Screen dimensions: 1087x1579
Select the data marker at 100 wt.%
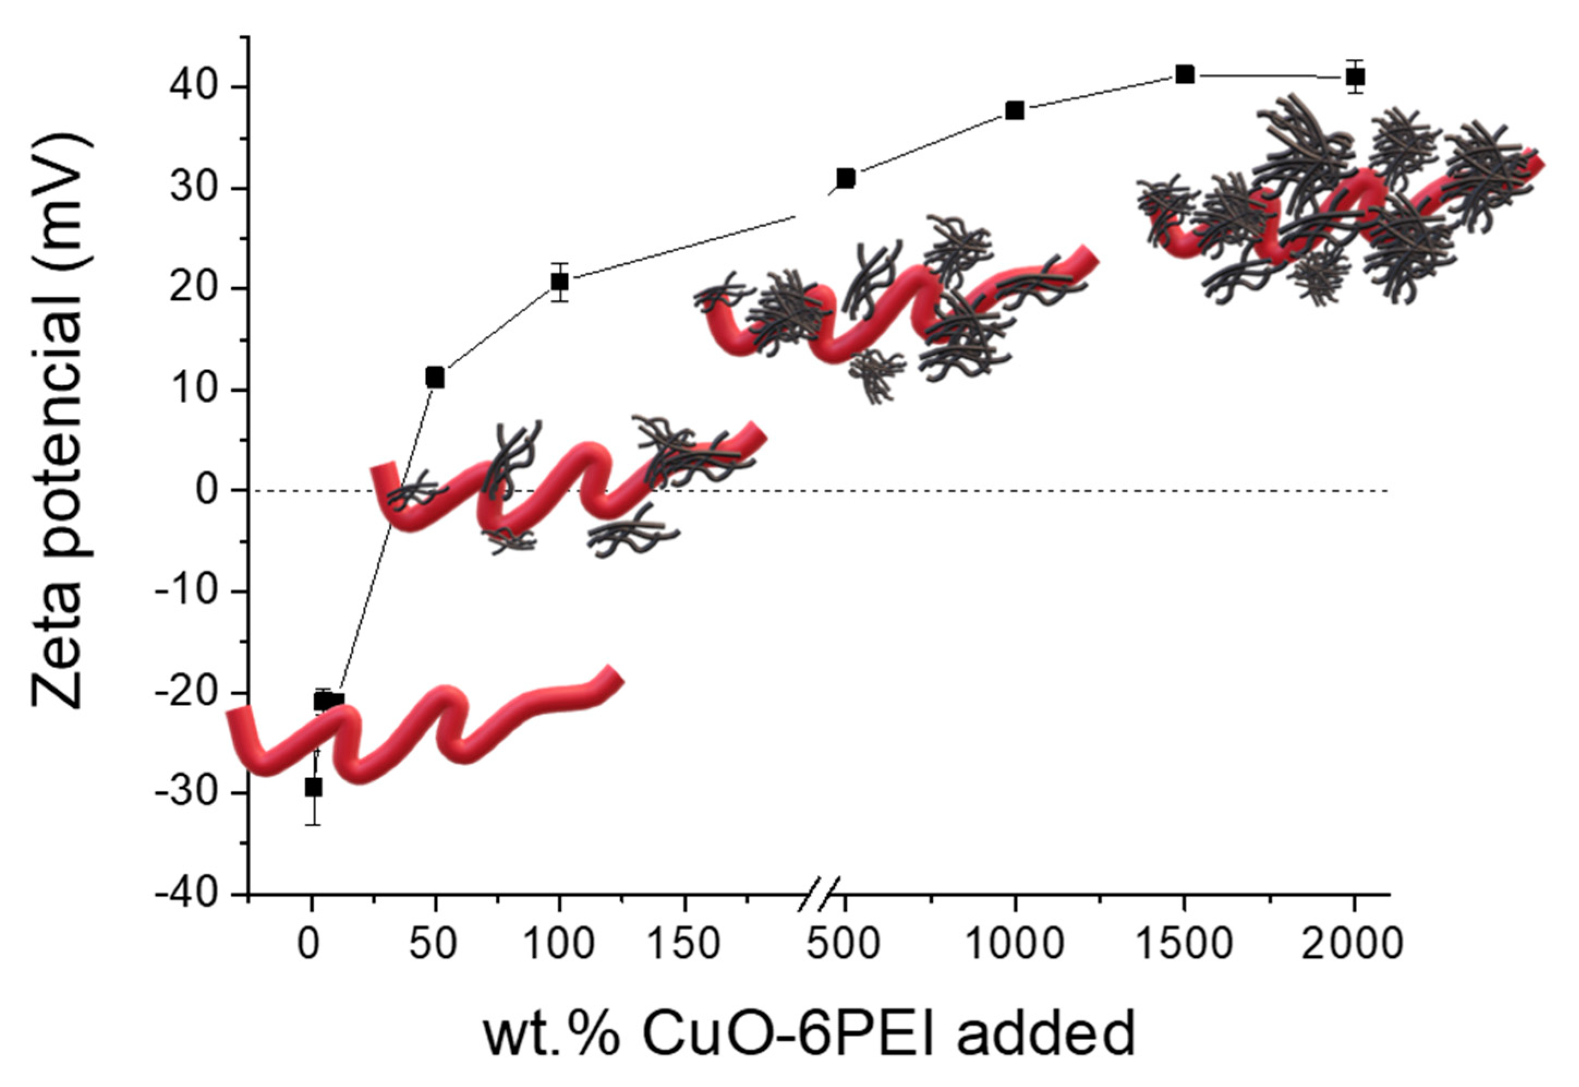[x=559, y=281]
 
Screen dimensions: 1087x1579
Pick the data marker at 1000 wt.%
[x=1015, y=110]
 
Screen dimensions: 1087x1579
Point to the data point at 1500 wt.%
[x=1185, y=74]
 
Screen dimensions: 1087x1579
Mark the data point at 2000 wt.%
[x=1355, y=77]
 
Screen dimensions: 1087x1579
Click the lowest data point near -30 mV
[x=313, y=787]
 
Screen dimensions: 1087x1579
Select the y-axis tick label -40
[x=187, y=894]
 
